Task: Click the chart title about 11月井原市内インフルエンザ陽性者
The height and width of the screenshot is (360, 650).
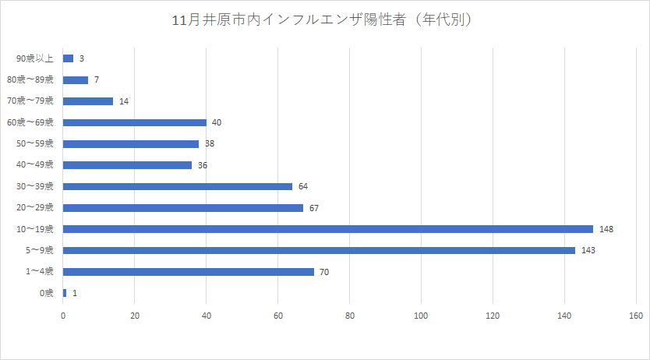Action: coord(325,19)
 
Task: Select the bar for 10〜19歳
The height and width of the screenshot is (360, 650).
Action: coord(327,229)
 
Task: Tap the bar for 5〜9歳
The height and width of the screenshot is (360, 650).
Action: coord(319,250)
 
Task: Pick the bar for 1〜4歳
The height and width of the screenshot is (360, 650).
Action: coord(188,272)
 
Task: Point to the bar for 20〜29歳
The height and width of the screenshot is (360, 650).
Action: coord(182,208)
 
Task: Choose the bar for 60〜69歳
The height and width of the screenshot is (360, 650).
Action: coord(134,122)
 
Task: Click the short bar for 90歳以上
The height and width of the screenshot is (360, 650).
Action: coord(68,58)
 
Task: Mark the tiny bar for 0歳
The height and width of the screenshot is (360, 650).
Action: coord(65,293)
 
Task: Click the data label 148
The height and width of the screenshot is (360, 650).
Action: coord(607,229)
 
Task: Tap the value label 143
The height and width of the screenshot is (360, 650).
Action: coord(589,250)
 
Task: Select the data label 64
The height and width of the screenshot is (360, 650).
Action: coord(303,186)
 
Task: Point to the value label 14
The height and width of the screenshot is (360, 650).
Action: coord(124,101)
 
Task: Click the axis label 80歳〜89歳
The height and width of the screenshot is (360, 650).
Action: coord(30,79)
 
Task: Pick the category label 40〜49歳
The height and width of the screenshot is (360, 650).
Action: coord(36,165)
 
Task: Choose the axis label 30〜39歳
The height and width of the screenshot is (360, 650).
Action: coord(36,186)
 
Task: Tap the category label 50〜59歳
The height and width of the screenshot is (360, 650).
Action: coord(36,144)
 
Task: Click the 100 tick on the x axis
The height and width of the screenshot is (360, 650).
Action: coord(421,316)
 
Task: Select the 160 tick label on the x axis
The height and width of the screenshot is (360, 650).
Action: coord(635,316)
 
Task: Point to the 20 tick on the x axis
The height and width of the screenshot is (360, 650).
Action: coord(134,316)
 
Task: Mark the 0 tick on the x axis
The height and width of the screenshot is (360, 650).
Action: coord(63,316)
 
